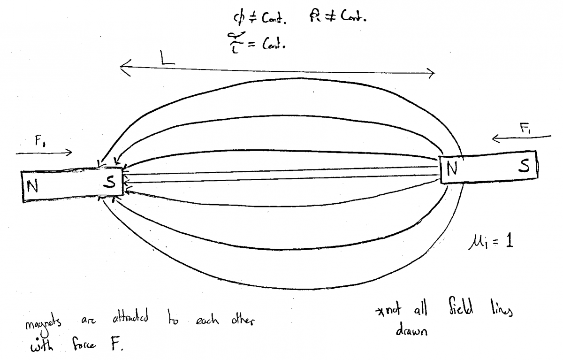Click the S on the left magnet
[108, 184]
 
